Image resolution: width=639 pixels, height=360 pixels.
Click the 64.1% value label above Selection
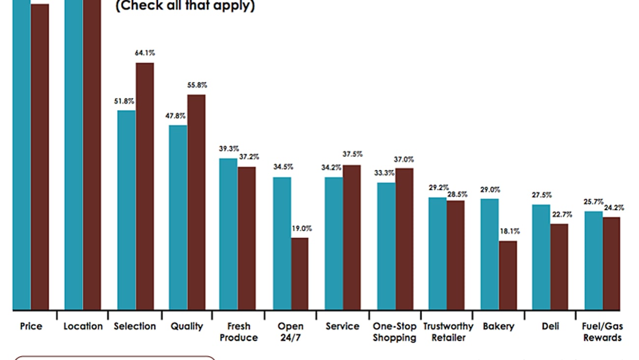(145, 53)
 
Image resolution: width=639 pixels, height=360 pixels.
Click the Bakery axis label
(498, 326)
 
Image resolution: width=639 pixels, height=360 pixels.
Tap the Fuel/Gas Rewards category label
(602, 331)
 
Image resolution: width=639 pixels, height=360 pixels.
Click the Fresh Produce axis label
(238, 331)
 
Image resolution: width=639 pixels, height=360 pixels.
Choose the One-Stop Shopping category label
(394, 331)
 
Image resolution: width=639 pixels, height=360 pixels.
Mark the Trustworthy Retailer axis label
(448, 331)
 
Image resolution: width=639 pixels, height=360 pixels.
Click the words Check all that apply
(185, 6)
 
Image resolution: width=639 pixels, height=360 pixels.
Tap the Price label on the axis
(31, 326)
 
